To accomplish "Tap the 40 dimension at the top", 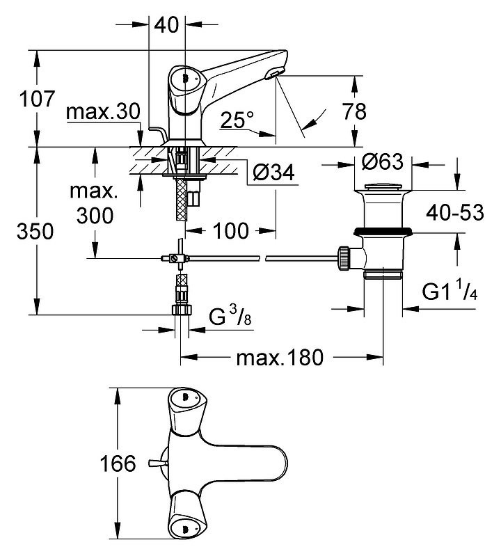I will click(168, 25).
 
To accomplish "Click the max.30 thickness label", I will click(104, 113).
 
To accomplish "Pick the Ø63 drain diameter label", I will click(383, 162).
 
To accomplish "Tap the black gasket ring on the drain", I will click(383, 230).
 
